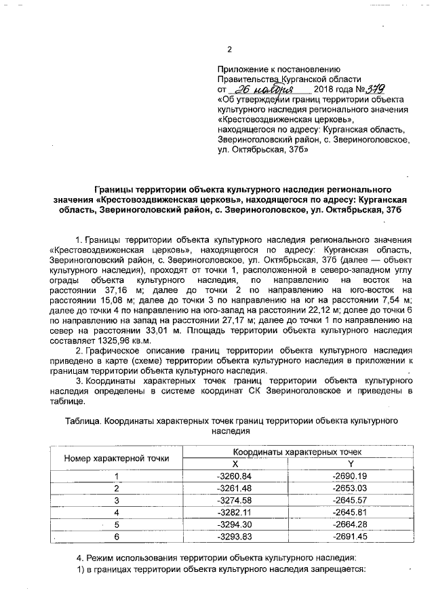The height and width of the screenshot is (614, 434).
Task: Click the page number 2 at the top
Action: [229, 49]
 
